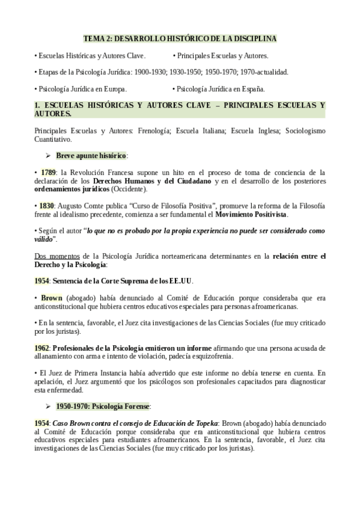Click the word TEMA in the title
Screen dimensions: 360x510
click(92, 38)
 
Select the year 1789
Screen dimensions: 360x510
click(48, 173)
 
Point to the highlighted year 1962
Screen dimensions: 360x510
click(41, 348)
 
